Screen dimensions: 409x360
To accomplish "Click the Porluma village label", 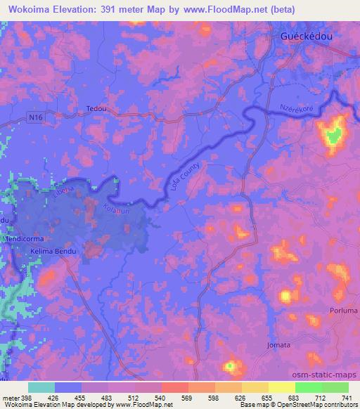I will coord(344,310).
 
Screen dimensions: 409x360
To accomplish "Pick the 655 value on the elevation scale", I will coord(264,397).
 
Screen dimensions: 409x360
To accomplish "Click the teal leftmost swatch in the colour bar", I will coord(41,387).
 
